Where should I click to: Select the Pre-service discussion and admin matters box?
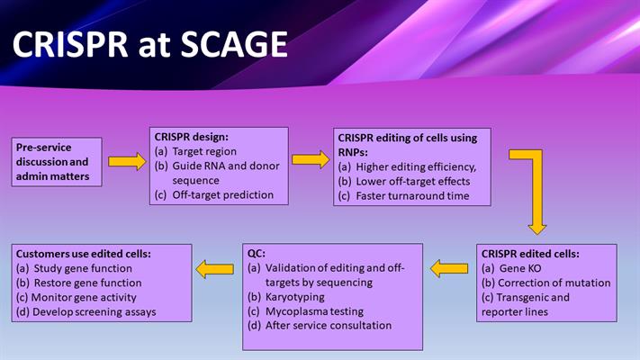pos(56,161)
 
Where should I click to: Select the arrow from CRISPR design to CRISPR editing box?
pos(311,159)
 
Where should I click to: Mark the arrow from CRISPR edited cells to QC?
pos(448,267)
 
